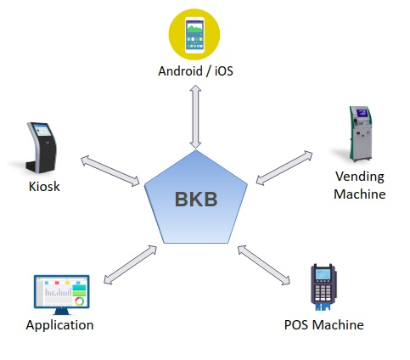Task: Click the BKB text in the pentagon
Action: (196, 199)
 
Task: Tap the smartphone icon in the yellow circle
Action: (194, 35)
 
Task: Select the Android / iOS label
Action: (195, 70)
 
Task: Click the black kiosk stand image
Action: (42, 148)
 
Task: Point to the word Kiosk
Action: (44, 187)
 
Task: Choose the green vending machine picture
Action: (361, 133)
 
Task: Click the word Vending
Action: (360, 177)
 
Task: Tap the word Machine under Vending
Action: (360, 194)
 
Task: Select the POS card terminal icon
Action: (323, 287)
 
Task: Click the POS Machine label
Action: (324, 324)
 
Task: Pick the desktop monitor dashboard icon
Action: (62, 295)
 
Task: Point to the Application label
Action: (59, 325)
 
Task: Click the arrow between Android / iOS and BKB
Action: (195, 116)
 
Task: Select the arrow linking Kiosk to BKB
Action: (110, 171)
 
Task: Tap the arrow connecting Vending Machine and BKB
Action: (284, 168)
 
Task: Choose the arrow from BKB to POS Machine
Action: (264, 265)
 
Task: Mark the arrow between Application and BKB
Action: (130, 265)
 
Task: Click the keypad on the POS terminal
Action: (323, 293)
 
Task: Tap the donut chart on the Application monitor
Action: (80, 301)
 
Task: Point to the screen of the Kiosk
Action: (42, 130)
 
